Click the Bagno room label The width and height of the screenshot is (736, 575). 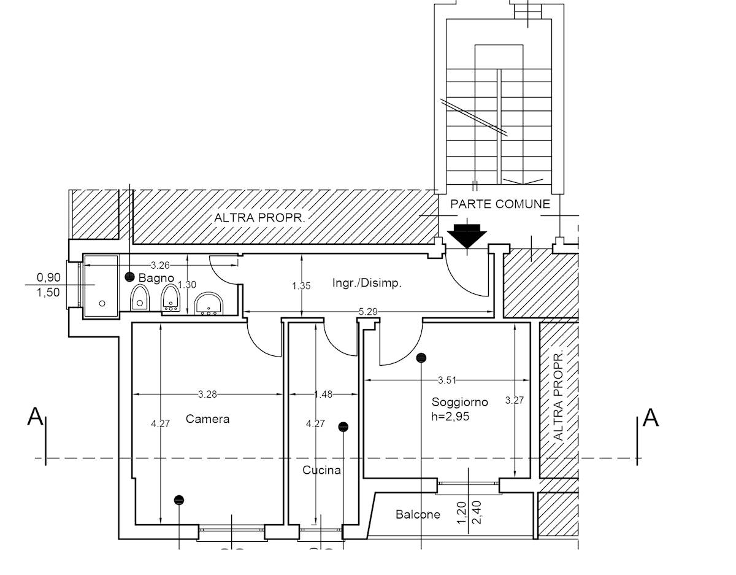156,278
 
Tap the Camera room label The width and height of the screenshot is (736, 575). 208,419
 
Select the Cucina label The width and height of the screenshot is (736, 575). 321,470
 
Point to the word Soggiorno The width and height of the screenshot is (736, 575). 459,402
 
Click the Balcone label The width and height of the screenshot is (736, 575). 418,515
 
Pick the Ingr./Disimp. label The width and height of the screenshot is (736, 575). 367,282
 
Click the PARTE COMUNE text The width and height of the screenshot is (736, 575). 500,204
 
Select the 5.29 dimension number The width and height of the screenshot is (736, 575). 368,311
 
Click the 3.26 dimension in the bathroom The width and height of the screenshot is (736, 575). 160,265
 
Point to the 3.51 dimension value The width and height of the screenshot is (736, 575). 447,380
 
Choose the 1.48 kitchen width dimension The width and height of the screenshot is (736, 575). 323,394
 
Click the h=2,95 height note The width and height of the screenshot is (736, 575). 450,417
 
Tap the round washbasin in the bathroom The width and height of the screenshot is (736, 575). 209,304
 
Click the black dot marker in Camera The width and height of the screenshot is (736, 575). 179,500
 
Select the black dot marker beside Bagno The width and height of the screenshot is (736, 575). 130,277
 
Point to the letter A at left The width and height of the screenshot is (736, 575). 35,417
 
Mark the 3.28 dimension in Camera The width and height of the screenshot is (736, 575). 207,394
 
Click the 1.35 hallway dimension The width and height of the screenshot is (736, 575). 301,286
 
